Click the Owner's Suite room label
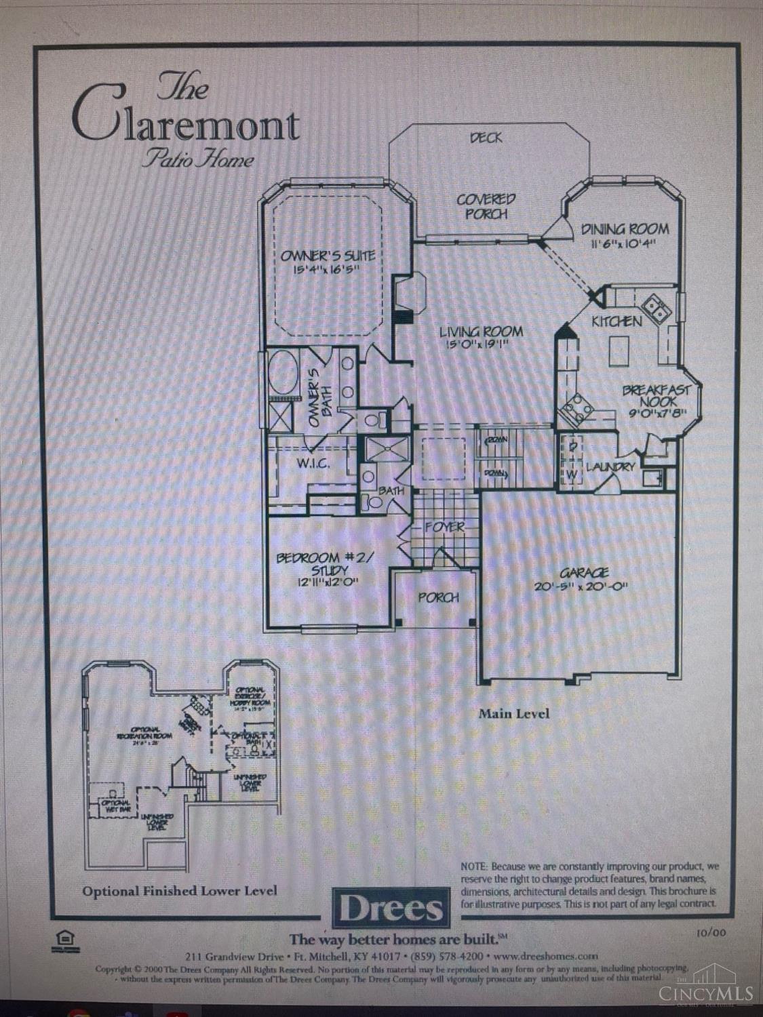coord(328,256)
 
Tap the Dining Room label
coord(625,230)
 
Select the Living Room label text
coord(481,332)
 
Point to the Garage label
coord(584,573)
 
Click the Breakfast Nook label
coord(657,396)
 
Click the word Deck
coord(486,138)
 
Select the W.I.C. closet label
coord(313,464)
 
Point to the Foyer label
coord(445,527)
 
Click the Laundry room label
coord(610,466)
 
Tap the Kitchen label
coord(617,321)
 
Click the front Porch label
coord(438,597)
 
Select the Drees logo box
coord(391,907)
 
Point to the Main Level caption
coord(514,713)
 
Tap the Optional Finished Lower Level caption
coord(180,890)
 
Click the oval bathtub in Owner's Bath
coord(281,372)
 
